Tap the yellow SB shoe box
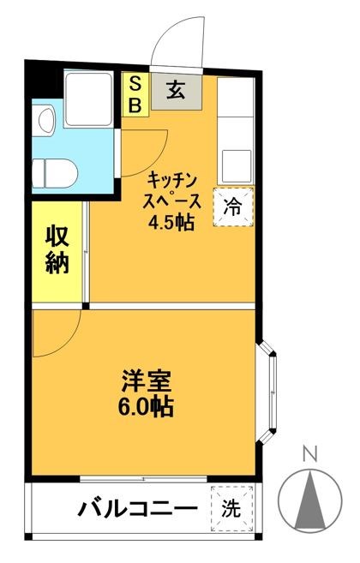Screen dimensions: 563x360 point(135,93)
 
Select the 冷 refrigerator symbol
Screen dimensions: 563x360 point(233,206)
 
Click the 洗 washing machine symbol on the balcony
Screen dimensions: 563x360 point(232,507)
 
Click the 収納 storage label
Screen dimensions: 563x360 point(57,250)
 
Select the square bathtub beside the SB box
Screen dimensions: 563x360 point(88,99)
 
